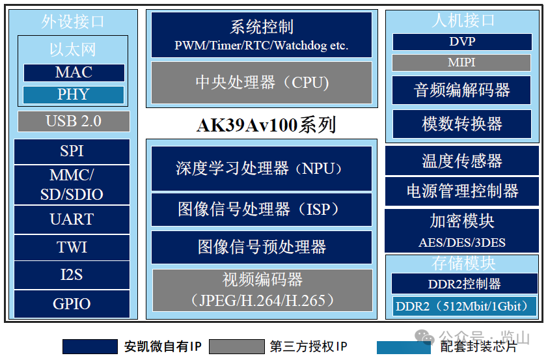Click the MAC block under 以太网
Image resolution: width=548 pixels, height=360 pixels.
[x=74, y=72]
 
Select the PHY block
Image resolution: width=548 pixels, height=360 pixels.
[x=74, y=94]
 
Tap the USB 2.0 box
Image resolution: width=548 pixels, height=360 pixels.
[x=74, y=121]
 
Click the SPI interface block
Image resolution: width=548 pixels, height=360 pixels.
[x=72, y=151]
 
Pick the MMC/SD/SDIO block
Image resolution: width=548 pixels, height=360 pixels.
[x=72, y=185]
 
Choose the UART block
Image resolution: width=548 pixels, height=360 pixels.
[x=72, y=219]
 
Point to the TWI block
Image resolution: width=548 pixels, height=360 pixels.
[x=72, y=247]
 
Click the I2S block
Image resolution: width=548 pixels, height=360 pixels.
[x=72, y=275]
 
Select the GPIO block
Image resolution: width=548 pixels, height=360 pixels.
[x=72, y=303]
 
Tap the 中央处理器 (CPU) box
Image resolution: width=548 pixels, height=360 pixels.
[x=262, y=83]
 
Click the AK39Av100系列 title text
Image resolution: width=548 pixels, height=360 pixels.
[x=266, y=124]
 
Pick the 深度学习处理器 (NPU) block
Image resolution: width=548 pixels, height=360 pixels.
[x=262, y=169]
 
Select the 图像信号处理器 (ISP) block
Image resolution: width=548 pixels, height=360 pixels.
[x=262, y=209]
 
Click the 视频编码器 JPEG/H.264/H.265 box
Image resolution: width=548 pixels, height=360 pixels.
[x=262, y=290]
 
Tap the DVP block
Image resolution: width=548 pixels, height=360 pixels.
[x=462, y=42]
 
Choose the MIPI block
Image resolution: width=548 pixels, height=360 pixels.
[x=461, y=62]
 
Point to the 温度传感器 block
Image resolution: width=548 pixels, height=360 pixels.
[x=462, y=161]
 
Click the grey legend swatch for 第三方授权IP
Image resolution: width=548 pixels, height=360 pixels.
[x=236, y=346]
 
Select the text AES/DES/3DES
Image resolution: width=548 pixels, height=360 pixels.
[x=462, y=243]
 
